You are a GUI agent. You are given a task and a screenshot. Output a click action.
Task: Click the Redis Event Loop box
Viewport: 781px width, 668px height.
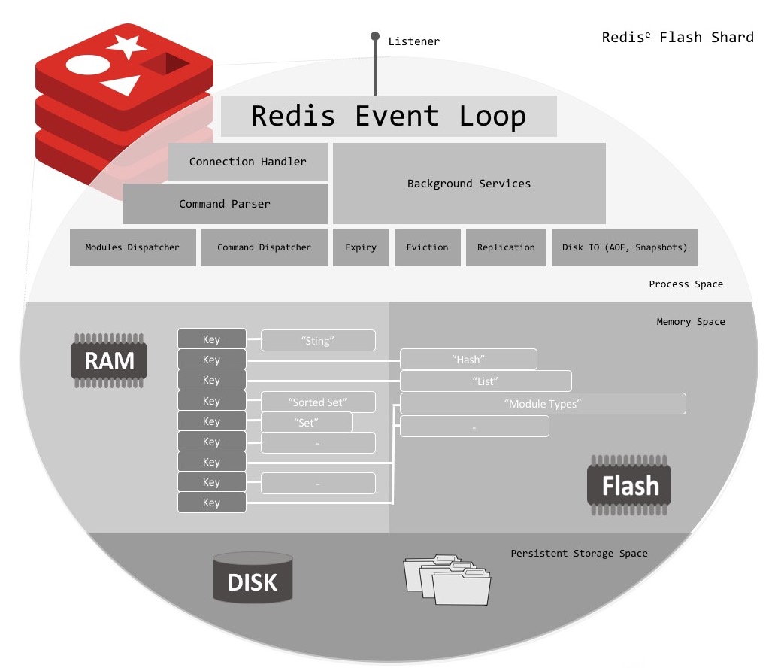pos(389,116)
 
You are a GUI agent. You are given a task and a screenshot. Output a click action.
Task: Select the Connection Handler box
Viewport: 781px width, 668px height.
pos(248,162)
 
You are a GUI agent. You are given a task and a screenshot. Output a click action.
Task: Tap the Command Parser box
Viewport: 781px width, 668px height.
pos(225,204)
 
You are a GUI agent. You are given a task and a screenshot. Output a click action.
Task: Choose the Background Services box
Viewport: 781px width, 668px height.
pos(469,184)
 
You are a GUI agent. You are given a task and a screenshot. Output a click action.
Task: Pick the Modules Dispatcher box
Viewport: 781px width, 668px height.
pos(132,247)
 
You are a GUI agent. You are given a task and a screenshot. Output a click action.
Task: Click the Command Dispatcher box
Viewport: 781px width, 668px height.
pos(264,247)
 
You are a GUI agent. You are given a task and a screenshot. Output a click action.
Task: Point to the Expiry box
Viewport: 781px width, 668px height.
pos(361,247)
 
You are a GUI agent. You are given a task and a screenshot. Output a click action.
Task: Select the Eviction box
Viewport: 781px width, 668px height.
pos(427,247)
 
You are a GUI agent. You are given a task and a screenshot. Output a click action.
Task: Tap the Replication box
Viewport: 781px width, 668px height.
pos(506,247)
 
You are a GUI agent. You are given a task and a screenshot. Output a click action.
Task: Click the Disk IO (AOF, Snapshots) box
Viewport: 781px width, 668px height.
pos(625,247)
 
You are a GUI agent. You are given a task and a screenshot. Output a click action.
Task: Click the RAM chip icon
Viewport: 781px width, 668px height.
pos(109,361)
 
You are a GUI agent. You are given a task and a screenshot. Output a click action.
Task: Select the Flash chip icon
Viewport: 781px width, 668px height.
pos(629,485)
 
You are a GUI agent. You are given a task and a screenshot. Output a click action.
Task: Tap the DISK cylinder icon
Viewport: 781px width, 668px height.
pos(253,578)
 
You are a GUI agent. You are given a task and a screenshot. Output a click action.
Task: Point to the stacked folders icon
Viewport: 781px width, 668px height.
pos(447,580)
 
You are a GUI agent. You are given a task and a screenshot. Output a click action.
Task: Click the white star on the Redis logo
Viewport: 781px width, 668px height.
pos(126,47)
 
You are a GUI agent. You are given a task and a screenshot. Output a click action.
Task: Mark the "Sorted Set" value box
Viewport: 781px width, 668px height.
pos(318,402)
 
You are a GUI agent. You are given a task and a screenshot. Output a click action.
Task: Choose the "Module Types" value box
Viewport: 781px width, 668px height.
pos(543,404)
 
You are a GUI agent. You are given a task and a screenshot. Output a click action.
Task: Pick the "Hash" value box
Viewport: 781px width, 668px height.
pos(468,360)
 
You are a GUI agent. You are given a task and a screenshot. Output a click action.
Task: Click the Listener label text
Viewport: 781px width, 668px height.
pos(414,41)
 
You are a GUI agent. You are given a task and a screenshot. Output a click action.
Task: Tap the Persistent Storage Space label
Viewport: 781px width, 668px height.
pos(579,554)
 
